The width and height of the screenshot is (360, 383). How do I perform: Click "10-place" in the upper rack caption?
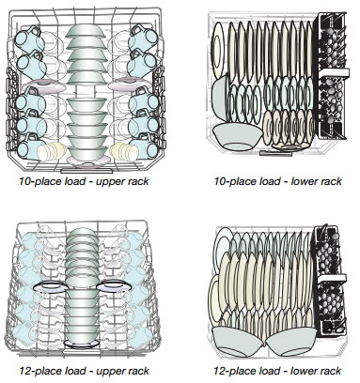point(39,181)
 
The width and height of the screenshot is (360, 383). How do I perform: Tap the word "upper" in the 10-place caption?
point(110,182)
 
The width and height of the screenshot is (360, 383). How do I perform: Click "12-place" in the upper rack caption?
point(39,371)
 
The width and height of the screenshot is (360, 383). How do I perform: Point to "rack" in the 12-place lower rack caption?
point(330,371)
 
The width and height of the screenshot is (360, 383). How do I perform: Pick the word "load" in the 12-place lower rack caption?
point(266,371)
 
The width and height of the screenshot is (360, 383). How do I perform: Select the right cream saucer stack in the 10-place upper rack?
point(124,150)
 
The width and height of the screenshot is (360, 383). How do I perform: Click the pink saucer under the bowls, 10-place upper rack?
point(87,161)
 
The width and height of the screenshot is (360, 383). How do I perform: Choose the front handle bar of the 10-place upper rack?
point(86,171)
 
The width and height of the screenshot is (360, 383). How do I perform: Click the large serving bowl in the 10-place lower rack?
point(237,135)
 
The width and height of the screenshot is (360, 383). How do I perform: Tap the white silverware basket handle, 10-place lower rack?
point(333,72)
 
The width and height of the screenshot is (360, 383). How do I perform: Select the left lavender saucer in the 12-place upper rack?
point(49,287)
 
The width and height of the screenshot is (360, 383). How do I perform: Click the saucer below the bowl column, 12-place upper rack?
point(81,344)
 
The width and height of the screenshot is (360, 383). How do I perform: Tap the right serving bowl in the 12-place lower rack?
point(291,341)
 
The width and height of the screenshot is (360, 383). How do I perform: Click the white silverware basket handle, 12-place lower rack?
point(332,279)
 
